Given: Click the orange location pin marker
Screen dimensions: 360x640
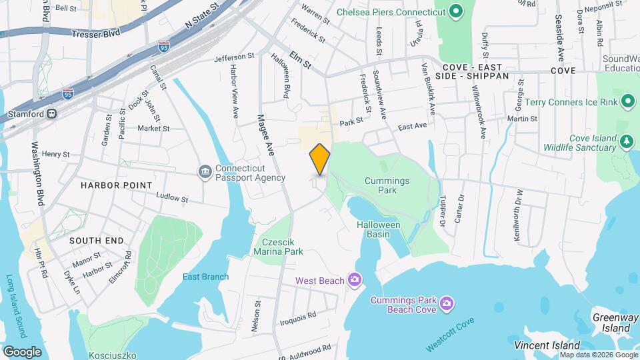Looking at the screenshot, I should click(x=320, y=159).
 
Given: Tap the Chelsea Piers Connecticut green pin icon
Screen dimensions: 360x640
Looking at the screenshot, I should click(x=456, y=11).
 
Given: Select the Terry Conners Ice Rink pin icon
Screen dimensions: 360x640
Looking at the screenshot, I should click(x=627, y=102).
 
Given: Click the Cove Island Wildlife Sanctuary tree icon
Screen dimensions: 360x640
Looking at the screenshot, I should click(x=625, y=141).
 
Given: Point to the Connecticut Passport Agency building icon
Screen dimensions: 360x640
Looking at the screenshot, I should click(x=205, y=172).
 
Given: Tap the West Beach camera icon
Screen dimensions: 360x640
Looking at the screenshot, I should click(x=355, y=279).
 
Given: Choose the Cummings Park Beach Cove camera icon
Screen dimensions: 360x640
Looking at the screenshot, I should click(x=447, y=304).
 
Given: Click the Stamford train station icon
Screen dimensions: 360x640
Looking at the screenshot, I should click(x=51, y=114).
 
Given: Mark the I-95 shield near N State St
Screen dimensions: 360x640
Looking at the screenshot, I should click(x=164, y=46).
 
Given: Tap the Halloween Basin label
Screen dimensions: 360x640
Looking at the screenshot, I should click(x=378, y=230).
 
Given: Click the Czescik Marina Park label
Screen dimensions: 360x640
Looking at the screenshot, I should click(x=278, y=246).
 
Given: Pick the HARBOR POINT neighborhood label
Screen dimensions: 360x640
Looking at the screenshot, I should click(x=117, y=185).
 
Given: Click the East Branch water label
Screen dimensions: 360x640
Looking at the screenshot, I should click(x=206, y=277).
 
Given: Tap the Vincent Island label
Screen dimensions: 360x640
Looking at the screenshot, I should click(x=547, y=345).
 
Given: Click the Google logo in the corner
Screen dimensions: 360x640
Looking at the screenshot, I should click(x=22, y=351).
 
